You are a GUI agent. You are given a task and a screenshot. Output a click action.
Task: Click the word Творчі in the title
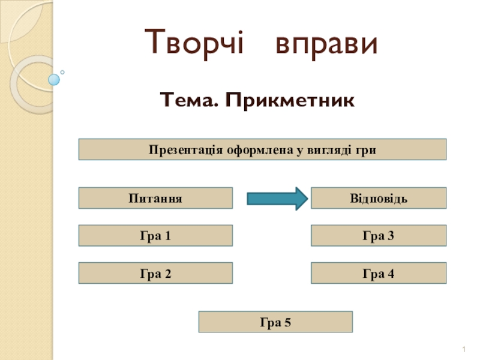tap(195, 43)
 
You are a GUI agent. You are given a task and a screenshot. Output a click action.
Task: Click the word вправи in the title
tap(327, 44)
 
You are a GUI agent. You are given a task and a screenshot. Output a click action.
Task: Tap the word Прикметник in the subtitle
tap(290, 101)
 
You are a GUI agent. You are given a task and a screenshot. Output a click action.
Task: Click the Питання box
tap(155, 198)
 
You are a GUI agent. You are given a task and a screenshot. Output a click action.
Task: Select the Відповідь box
tap(378, 198)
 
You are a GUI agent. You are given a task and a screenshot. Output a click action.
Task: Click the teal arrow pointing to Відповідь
tap(277, 199)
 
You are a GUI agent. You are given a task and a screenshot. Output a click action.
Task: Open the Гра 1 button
tap(155, 236)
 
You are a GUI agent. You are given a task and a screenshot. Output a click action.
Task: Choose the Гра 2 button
tap(155, 274)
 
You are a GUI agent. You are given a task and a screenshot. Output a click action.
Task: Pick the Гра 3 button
tap(378, 236)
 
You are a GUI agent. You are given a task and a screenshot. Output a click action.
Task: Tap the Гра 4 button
tap(378, 274)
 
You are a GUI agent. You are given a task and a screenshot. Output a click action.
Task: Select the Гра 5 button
tap(275, 322)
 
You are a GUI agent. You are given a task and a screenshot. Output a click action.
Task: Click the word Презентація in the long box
tap(186, 149)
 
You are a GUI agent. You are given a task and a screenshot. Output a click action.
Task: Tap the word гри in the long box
tap(365, 150)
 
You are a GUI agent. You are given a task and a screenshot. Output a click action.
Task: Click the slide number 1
tap(465, 349)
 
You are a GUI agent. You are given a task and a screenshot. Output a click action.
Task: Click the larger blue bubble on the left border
tap(54, 79)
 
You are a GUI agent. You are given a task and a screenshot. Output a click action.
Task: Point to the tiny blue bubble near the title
tap(62, 73)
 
